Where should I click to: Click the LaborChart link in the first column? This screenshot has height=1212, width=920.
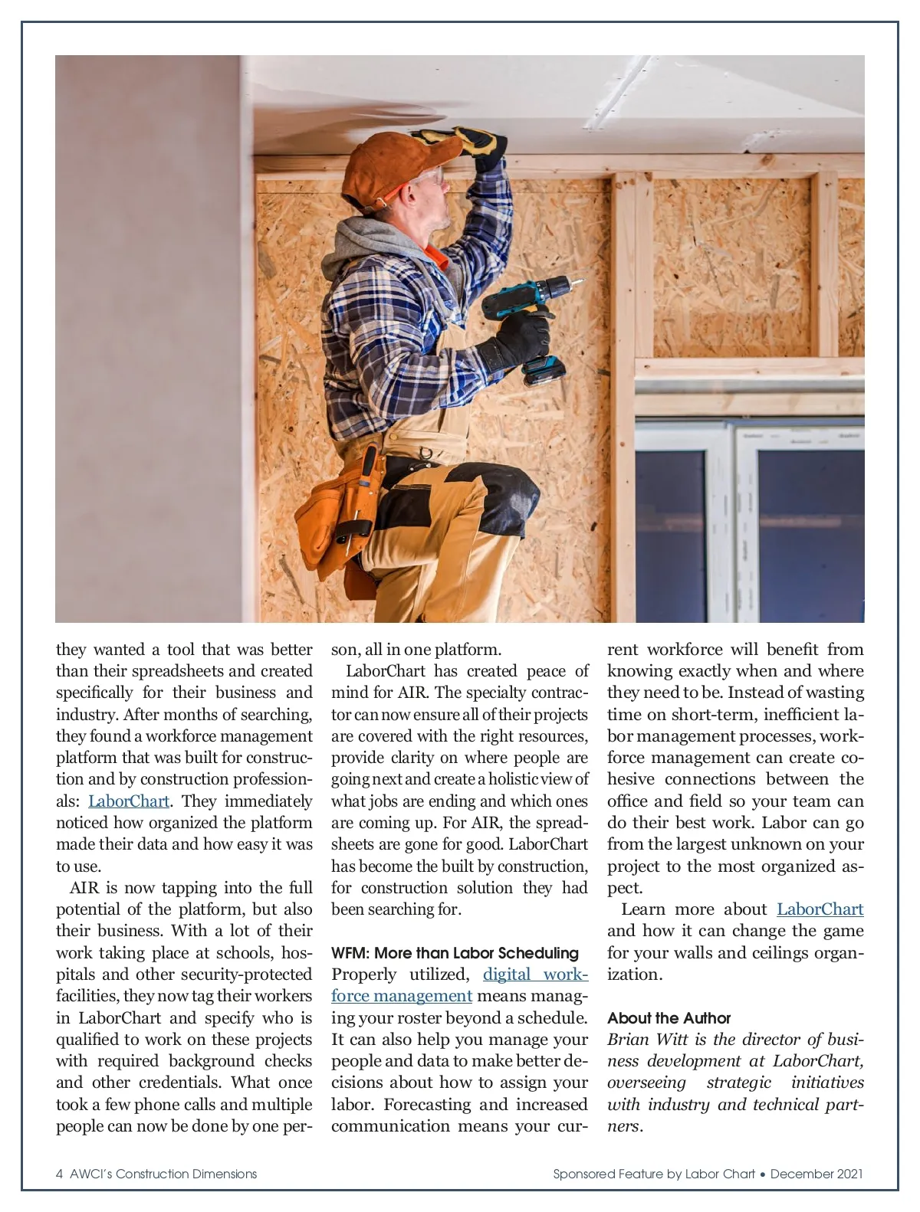pos(129,801)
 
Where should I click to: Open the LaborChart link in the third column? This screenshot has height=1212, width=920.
pos(820,909)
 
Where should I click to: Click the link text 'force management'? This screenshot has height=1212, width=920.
pos(401,996)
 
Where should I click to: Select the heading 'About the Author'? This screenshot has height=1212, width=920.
pos(669,1018)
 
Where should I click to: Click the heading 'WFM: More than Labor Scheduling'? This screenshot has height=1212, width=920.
pos(455,953)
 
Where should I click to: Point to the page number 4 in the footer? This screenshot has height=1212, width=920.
pos(60,1174)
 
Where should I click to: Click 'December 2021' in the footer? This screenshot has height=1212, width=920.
pos(816,1174)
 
